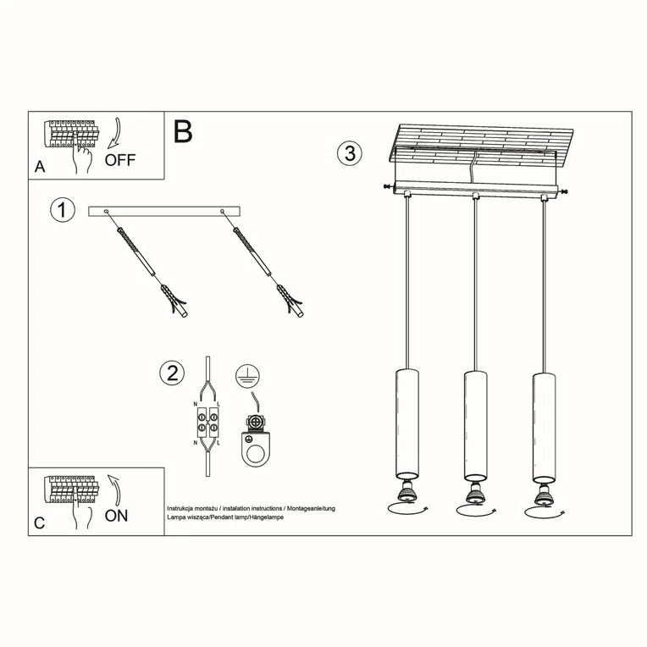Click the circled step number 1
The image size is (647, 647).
63,211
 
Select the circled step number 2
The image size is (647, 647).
172,373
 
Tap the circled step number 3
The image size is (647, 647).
349,153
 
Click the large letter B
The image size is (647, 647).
183,132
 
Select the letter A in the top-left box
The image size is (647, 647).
39,168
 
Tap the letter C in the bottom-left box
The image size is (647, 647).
39,523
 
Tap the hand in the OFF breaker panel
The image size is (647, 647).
82,158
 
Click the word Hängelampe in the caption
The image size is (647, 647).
263,516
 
